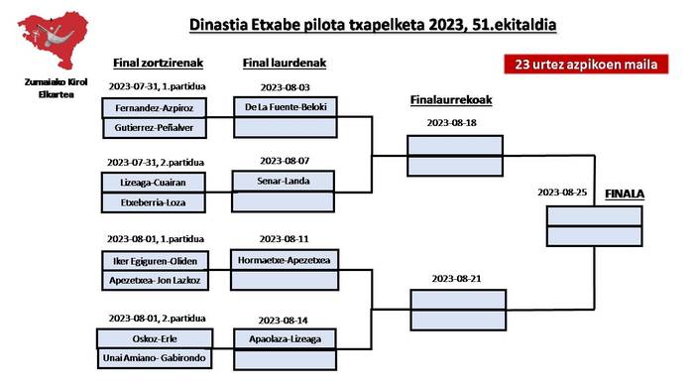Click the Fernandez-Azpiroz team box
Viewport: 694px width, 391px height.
click(154, 108)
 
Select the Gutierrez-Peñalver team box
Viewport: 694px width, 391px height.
click(155, 128)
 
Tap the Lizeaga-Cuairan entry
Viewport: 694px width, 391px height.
click(153, 182)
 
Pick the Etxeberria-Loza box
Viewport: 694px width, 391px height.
click(153, 202)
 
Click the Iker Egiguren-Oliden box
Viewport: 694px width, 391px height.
click(155, 261)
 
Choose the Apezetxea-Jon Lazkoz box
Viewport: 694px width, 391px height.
click(155, 280)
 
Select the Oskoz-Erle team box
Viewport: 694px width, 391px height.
click(155, 338)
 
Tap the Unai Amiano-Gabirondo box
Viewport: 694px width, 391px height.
click(155, 358)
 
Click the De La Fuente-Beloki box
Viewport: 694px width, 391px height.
click(286, 107)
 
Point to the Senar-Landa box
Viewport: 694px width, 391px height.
click(284, 181)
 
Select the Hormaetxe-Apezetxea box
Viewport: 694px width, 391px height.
click(285, 260)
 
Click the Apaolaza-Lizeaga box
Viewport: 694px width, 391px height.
click(286, 339)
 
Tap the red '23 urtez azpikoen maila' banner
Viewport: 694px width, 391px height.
click(586, 65)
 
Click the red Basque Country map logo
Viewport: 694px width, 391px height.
click(54, 40)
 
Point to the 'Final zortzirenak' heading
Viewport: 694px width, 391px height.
click(158, 64)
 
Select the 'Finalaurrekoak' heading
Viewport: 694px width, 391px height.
click(451, 100)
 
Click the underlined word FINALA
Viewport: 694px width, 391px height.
click(625, 194)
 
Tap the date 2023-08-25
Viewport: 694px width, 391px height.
click(562, 193)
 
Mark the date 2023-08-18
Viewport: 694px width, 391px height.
click(451, 123)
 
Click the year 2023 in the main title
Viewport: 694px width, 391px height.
click(446, 25)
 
